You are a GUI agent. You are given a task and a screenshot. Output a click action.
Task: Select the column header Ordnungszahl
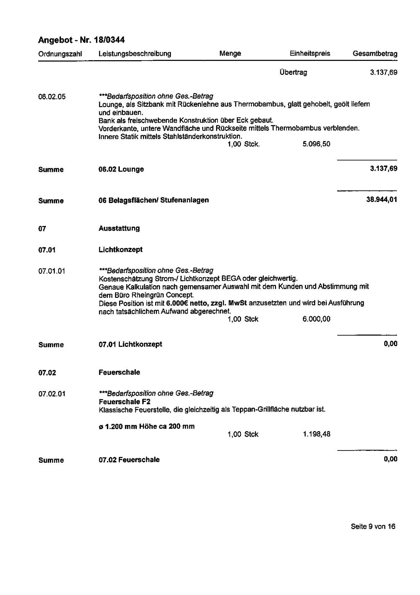click(60, 54)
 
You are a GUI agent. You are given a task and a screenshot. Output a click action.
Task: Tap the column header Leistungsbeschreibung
click(135, 54)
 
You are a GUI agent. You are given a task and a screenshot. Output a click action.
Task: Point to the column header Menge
click(230, 54)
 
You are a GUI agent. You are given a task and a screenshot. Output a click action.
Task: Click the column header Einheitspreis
click(310, 54)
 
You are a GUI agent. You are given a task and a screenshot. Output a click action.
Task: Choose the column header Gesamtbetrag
click(375, 54)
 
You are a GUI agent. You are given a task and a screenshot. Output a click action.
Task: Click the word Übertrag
click(293, 72)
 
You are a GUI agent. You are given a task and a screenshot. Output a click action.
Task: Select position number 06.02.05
click(52, 97)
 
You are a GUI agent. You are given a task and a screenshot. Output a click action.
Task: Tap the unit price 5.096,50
click(316, 144)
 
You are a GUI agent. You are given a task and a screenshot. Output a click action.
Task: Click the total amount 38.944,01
click(381, 200)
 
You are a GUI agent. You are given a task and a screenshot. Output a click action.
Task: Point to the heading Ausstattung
click(119, 228)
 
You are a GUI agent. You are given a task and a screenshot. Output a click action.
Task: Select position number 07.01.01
click(52, 271)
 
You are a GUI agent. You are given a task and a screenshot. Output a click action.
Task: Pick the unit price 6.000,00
click(316, 319)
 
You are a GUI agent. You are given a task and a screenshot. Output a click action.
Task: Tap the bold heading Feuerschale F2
click(124, 401)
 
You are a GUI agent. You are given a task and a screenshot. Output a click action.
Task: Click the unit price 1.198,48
click(316, 434)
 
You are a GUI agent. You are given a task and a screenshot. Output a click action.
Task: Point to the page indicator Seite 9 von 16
click(373, 526)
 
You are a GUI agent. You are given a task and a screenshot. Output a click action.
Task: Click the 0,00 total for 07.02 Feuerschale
click(391, 459)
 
